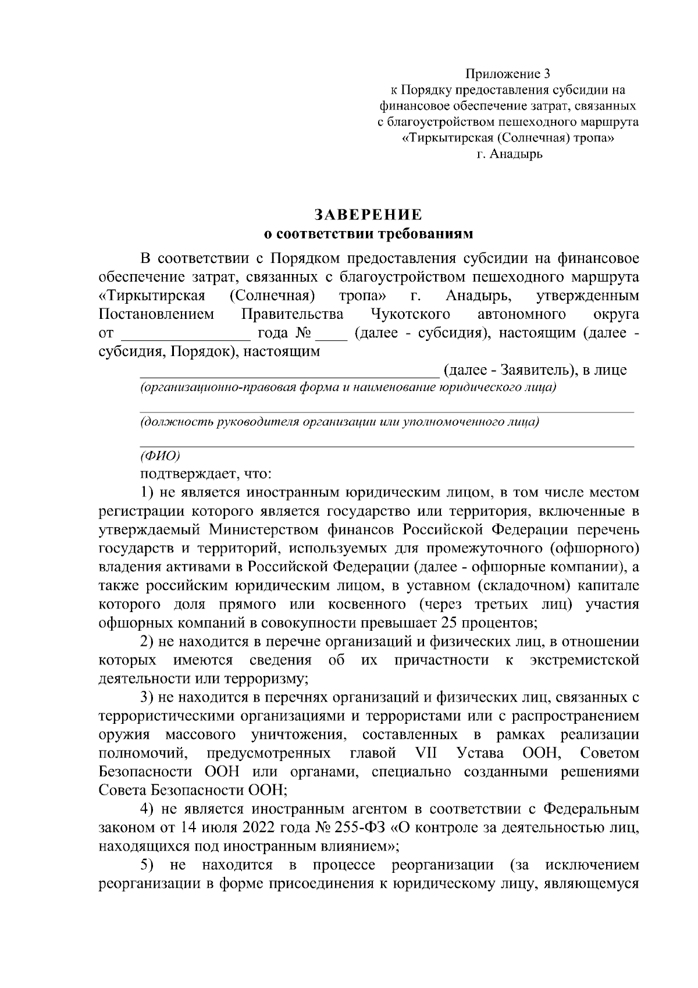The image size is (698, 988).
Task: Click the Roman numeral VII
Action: [x=427, y=754]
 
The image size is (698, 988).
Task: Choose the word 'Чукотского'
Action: [x=411, y=315]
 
